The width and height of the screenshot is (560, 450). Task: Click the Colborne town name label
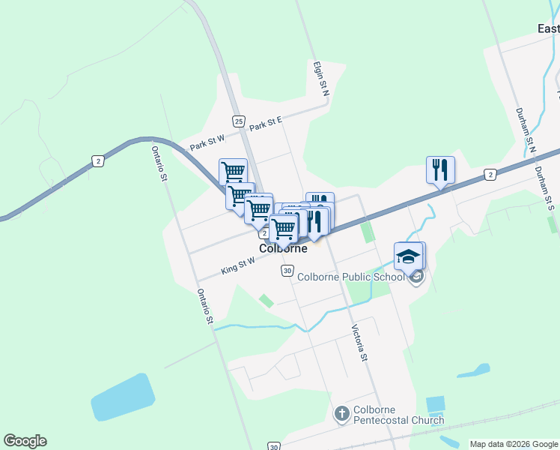[x=283, y=248]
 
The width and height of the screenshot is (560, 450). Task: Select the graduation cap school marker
[x=409, y=256]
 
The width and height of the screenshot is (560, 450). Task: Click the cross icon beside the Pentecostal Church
[x=341, y=414]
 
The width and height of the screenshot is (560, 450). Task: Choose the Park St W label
[x=207, y=142]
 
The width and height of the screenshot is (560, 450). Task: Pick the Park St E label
[x=266, y=123]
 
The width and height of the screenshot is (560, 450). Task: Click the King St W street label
[x=238, y=265]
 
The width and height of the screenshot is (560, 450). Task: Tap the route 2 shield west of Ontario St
[x=98, y=160]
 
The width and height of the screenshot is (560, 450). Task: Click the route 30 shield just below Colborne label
[x=287, y=270]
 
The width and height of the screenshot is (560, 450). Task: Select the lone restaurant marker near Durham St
[x=440, y=170]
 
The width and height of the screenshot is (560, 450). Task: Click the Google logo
[x=25, y=441]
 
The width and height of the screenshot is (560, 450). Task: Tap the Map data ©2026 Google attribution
[x=514, y=444]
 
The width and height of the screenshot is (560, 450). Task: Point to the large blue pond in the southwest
[x=124, y=397]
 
